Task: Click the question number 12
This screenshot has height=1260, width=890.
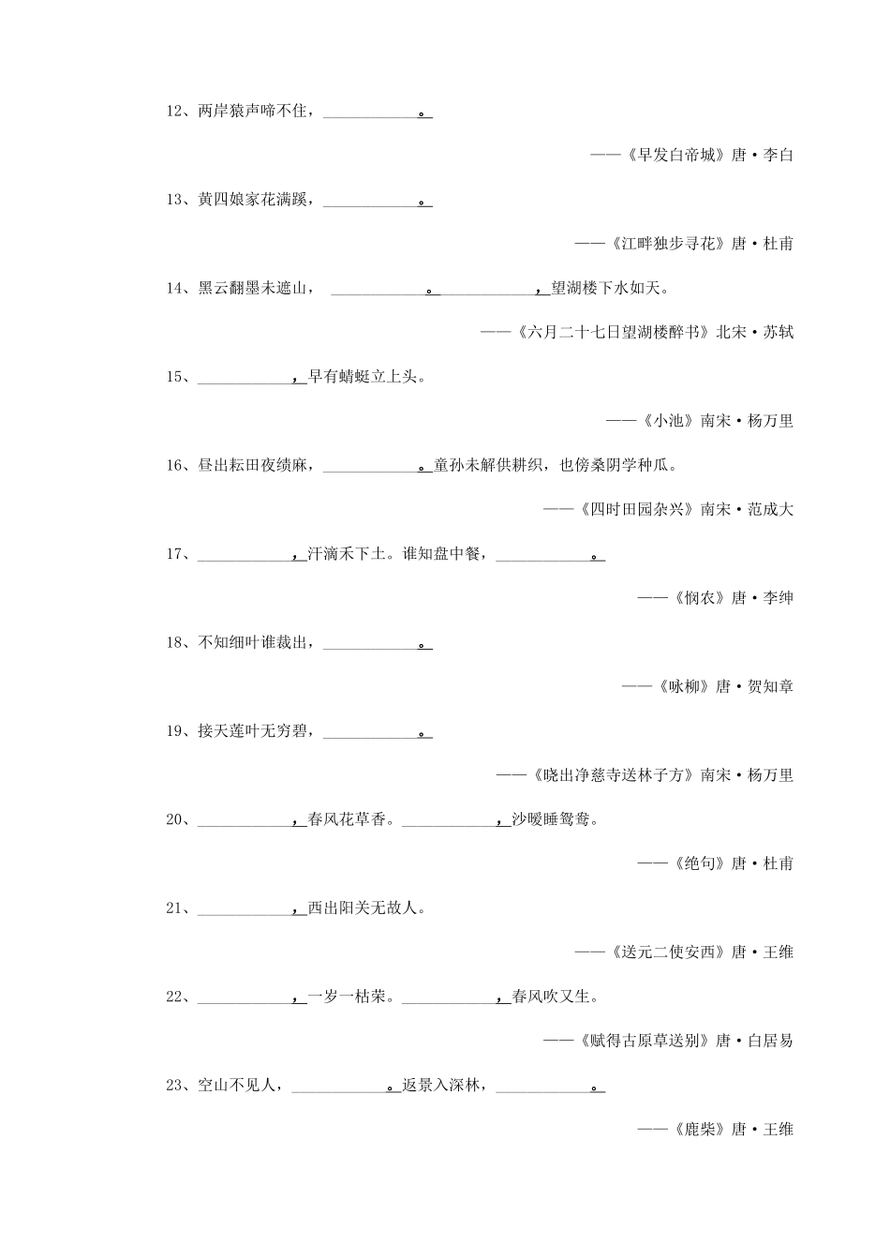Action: [x=177, y=112]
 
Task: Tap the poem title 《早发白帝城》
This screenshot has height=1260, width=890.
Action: [x=675, y=156]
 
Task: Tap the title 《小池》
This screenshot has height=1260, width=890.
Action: [x=667, y=421]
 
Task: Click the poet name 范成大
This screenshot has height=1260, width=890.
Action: [x=771, y=509]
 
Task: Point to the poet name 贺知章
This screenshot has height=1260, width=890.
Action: [x=771, y=686]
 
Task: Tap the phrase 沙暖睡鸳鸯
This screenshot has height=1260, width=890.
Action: [x=553, y=819]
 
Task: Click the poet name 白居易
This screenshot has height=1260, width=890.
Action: [x=771, y=1041]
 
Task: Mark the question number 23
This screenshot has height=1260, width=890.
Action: [x=177, y=1085]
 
